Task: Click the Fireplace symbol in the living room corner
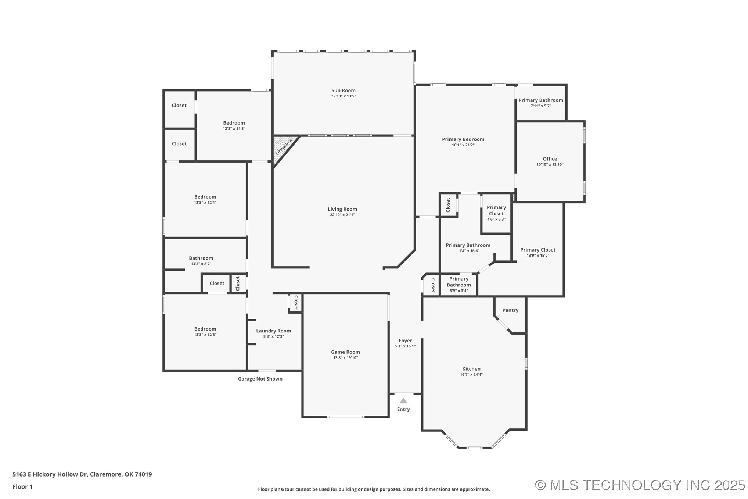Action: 283,147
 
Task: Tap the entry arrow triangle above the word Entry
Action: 403,401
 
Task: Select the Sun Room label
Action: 343,90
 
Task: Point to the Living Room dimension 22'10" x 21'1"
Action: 342,215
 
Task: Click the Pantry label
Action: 510,310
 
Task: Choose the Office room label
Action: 550,159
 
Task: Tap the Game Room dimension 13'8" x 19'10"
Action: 345,358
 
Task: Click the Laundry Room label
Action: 273,331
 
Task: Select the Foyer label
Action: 405,341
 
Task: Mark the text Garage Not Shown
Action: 260,379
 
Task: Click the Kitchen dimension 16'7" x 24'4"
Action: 471,375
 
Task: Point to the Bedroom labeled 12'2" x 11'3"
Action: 234,123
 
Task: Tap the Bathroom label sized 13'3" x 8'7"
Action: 201,259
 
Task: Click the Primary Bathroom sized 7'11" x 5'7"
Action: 540,100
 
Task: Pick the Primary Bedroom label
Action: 463,139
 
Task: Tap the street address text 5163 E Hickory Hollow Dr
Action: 82,474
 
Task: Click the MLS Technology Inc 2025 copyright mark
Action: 639,485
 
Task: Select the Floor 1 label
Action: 22,487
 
